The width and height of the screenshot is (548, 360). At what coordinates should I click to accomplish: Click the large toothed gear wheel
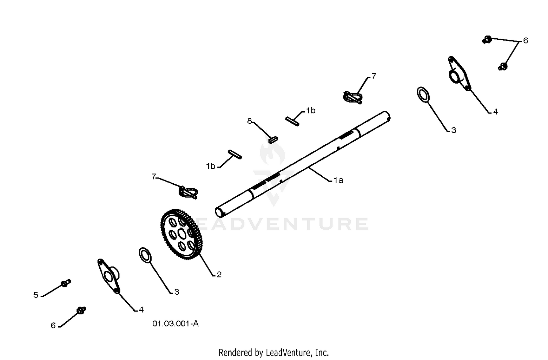(182, 234)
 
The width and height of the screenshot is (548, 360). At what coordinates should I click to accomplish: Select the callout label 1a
(338, 180)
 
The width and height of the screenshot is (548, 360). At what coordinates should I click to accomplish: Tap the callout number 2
(219, 275)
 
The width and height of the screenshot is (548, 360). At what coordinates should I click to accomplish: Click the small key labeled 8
(273, 140)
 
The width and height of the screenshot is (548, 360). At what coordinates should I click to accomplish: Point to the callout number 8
(249, 121)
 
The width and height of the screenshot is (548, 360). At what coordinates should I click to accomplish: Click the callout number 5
(36, 295)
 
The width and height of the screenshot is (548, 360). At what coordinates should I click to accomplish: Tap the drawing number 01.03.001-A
(175, 323)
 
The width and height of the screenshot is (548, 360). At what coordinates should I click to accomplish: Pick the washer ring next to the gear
(145, 255)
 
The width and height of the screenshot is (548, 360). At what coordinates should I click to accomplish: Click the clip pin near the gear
(188, 192)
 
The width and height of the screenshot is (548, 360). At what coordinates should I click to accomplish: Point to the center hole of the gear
(182, 234)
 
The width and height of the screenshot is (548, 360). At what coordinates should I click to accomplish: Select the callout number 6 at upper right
(525, 41)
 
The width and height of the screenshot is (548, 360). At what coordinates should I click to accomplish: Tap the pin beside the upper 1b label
(292, 121)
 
